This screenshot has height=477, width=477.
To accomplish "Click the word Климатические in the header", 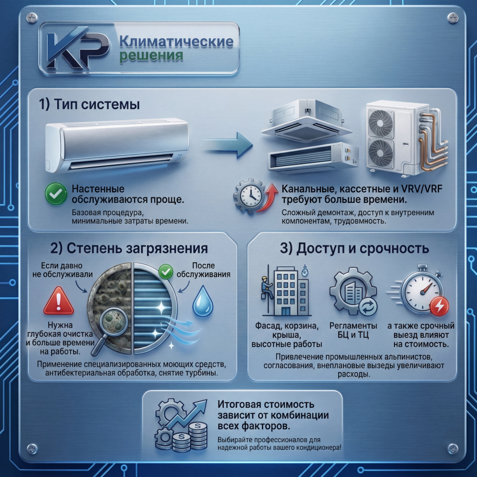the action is tap(176, 41).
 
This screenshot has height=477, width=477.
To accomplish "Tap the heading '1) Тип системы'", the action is tap(90, 104).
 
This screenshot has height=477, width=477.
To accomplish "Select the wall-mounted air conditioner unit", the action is tap(117, 145).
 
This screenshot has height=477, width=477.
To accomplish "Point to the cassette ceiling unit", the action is tap(307, 122).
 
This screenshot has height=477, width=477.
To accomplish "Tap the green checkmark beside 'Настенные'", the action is tap(56, 194).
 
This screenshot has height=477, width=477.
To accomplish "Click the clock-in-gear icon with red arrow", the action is tap(255, 196).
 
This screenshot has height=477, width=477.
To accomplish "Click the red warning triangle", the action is tap(59, 301).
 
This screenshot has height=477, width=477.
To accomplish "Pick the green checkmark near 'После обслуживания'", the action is tap(166, 271).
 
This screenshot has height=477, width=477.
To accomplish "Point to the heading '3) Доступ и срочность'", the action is tap(354, 248).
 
